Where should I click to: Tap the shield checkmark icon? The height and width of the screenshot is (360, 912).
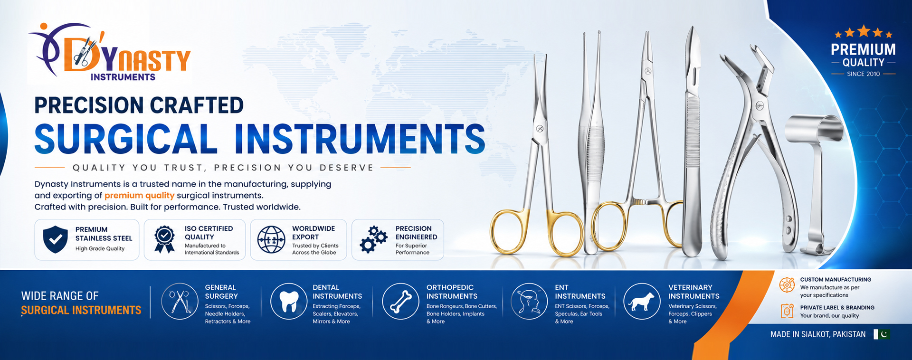pos(56,239)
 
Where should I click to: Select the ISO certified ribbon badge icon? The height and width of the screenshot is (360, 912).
pos(164,239)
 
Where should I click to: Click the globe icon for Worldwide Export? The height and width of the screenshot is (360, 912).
pos(271,239)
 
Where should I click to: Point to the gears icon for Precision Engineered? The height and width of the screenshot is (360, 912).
pos(373,239)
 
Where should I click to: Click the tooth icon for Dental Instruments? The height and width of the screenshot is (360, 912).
pos(289,302)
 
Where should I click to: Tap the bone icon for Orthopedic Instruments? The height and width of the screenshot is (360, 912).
pos(401,302)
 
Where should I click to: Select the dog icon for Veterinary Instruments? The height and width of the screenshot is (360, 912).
pos(641,302)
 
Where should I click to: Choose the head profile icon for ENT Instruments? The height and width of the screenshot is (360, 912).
pos(529,302)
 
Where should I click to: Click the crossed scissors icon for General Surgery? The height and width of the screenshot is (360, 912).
pos(180,302)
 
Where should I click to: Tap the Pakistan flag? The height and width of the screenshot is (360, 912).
pos(882,334)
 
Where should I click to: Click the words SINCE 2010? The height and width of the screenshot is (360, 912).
pos(863,74)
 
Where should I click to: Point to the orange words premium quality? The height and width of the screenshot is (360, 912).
pos(140,196)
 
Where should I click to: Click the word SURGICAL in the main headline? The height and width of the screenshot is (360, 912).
pos(126,138)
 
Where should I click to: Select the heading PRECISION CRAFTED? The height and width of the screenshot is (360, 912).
pos(139,105)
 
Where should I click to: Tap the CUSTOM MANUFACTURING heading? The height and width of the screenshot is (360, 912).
pos(836,280)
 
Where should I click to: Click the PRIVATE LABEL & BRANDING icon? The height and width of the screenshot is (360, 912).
pos(787,311)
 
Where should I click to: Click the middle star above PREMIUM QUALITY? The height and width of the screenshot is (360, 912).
pos(864,31)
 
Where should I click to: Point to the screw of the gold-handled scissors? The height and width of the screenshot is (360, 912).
pos(540,129)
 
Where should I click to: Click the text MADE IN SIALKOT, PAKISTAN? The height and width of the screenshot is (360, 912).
pos(818,334)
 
